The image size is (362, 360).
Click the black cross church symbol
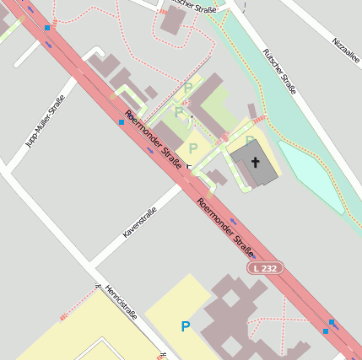tap(255, 159)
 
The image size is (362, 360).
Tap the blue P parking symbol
tap(186, 325)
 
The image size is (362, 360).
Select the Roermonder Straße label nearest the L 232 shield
tap(225, 227)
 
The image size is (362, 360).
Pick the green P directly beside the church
tap(250, 141)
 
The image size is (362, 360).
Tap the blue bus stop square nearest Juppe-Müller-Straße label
tap(122, 121)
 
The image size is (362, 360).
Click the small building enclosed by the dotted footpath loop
tap(173, 20)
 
